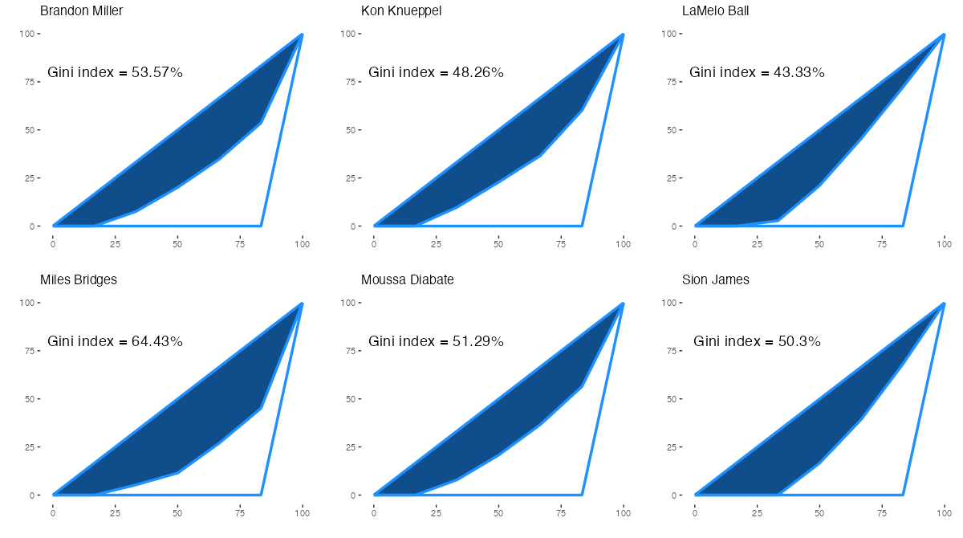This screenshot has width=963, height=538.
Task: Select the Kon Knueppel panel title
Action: pos(401,11)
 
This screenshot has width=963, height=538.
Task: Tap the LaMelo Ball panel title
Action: pos(716,11)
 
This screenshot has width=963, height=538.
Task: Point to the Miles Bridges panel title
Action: pos(79,280)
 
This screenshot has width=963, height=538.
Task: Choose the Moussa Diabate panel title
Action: pos(408,280)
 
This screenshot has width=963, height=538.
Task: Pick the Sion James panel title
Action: pos(716,280)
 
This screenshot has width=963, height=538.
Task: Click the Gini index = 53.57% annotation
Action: pos(116,73)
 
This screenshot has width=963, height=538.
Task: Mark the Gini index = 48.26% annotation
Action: pos(437,73)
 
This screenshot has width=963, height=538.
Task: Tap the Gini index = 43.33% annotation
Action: pos(758,73)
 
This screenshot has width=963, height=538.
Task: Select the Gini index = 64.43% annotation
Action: pos(116,342)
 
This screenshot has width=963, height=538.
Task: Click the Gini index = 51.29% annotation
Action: pos(437,342)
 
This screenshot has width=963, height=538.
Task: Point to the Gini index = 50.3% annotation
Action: pos(758,342)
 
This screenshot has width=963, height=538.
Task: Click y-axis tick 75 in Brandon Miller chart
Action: pos(30,82)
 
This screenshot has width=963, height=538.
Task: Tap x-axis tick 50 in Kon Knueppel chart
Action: pos(498,244)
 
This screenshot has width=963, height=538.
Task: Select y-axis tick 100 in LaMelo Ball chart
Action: pos(670,34)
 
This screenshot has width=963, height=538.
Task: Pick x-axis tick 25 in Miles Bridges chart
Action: pos(115,513)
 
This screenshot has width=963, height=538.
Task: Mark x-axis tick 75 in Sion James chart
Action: pos(882,513)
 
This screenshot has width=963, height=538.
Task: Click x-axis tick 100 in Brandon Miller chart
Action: pos(302,244)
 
